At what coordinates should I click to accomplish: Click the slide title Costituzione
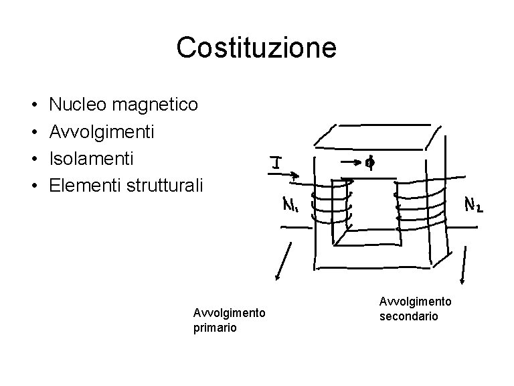tap(256, 48)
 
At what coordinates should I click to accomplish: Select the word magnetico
tap(156, 105)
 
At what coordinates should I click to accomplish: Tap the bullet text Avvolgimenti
tap(102, 131)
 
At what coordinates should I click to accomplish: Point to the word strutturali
tap(163, 185)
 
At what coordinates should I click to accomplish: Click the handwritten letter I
tap(275, 162)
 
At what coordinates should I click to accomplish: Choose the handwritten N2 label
tap(475, 204)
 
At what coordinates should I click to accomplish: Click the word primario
tap(215, 328)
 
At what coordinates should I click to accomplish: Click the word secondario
tap(408, 316)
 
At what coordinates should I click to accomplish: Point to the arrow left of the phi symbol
tap(351, 161)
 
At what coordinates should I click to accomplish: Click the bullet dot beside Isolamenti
tap(33, 159)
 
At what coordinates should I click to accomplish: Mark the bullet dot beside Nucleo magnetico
tap(33, 105)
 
